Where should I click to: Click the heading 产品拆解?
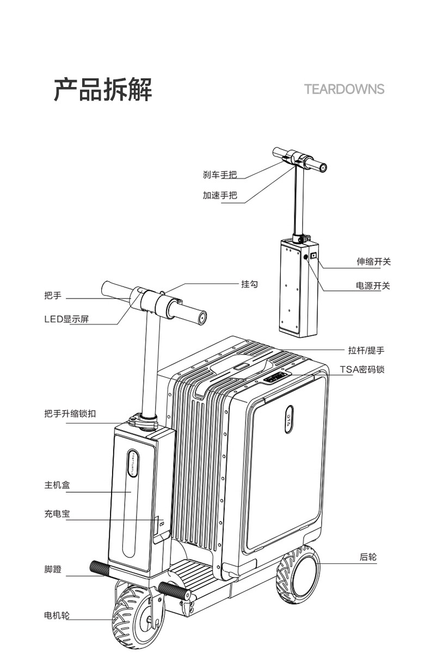coord(103,90)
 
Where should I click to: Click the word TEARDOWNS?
coord(344,89)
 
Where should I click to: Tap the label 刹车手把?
coord(220,175)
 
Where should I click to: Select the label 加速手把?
coord(220,196)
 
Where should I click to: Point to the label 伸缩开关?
coord(373,262)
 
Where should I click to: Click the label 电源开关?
coord(373,285)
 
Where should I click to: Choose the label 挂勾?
coord(249,284)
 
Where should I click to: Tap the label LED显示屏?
coord(66,319)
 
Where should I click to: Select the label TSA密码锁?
coord(363,369)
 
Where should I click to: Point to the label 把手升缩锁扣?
coord(70,414)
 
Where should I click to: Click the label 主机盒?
coord(57,485)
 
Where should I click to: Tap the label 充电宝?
coord(57,513)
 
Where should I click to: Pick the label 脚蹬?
coord(52,570)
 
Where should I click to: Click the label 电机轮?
coord(57,615)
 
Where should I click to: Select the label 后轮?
coord(368,557)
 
